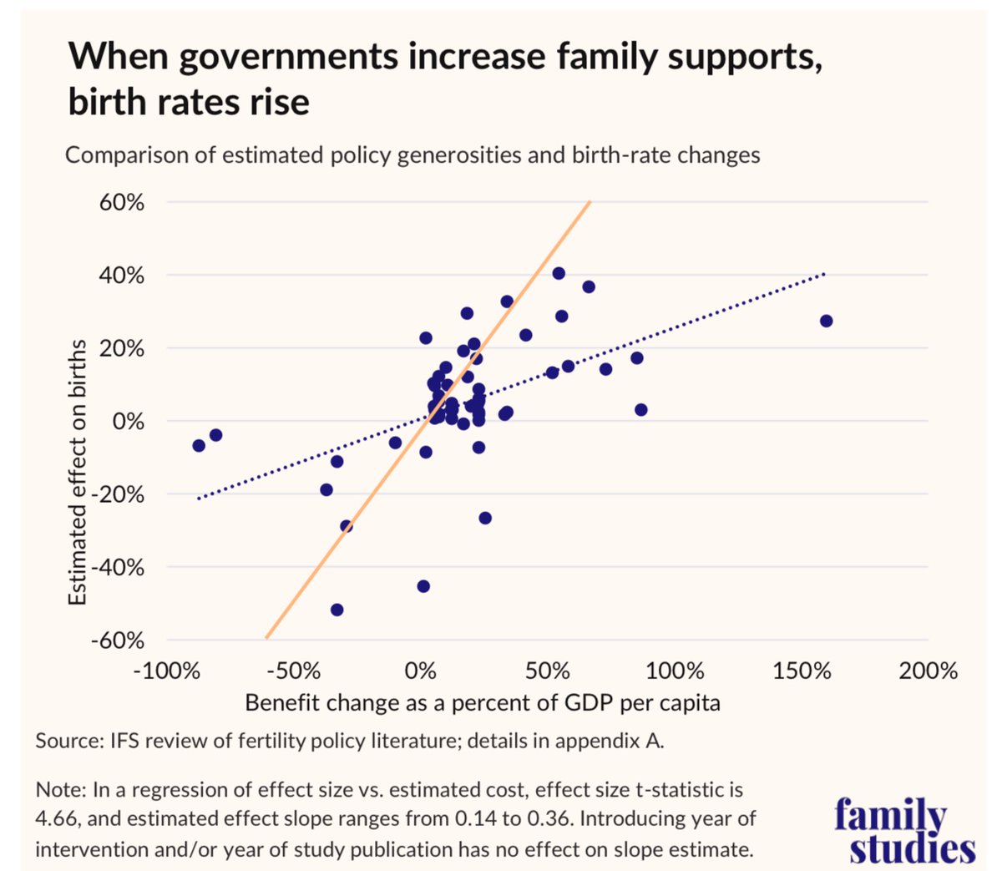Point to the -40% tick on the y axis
click(118, 568)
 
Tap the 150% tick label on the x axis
click(802, 671)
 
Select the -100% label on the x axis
click(169, 671)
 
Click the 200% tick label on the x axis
click(928, 671)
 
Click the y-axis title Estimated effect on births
click(77, 472)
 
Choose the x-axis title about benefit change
click(482, 702)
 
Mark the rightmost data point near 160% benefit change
click(826, 321)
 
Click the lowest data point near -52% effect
click(337, 610)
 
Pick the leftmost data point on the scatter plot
click(199, 445)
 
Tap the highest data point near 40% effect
click(559, 273)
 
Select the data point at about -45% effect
click(423, 586)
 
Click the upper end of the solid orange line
click(590, 202)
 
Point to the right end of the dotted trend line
click(824, 274)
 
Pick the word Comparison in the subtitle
click(118, 155)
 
